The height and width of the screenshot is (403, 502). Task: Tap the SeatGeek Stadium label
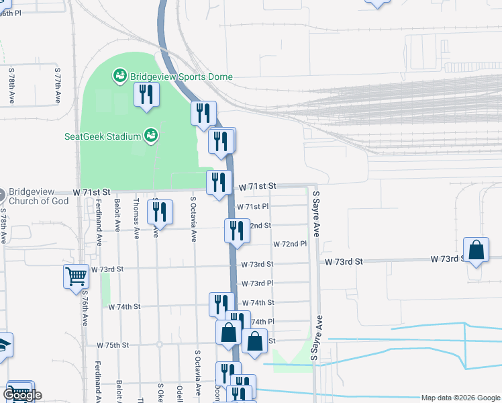pos(103,136)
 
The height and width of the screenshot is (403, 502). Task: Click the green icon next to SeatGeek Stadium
pos(152,136)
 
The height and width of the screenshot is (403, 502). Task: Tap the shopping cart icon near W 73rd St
pos(77,275)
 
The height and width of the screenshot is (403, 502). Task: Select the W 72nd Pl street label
pos(290,244)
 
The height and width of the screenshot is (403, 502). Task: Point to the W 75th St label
pos(112,345)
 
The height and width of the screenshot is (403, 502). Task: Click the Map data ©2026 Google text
pos(459,398)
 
